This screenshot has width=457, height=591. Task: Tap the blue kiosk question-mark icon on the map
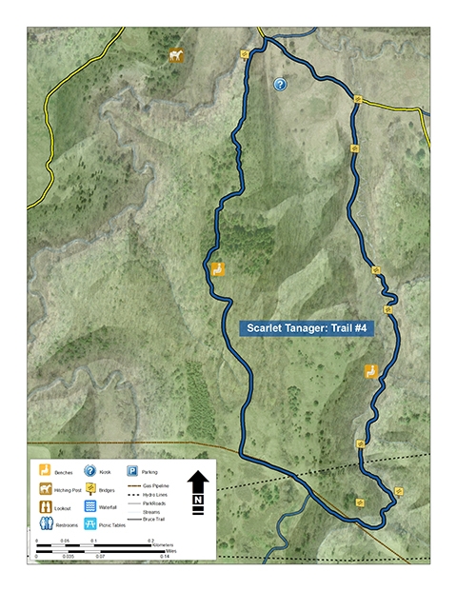[280, 85]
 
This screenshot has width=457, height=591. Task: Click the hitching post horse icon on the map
[175, 56]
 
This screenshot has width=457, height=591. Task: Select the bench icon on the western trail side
[218, 269]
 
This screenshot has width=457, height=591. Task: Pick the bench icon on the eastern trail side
[371, 372]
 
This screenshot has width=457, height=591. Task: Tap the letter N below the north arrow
[198, 499]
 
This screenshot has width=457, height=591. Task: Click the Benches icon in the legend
[45, 471]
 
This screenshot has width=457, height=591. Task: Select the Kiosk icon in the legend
[89, 471]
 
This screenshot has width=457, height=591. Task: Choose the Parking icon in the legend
[132, 471]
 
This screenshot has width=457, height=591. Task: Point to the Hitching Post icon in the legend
[45, 489]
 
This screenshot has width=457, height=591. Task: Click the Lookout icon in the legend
[45, 506]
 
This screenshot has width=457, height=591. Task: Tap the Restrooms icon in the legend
[45, 523]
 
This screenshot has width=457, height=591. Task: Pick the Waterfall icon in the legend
[89, 506]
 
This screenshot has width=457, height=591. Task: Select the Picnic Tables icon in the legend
[89, 523]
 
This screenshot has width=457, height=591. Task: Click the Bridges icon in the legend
[89, 489]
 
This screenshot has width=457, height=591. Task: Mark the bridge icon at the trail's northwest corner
[245, 53]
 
